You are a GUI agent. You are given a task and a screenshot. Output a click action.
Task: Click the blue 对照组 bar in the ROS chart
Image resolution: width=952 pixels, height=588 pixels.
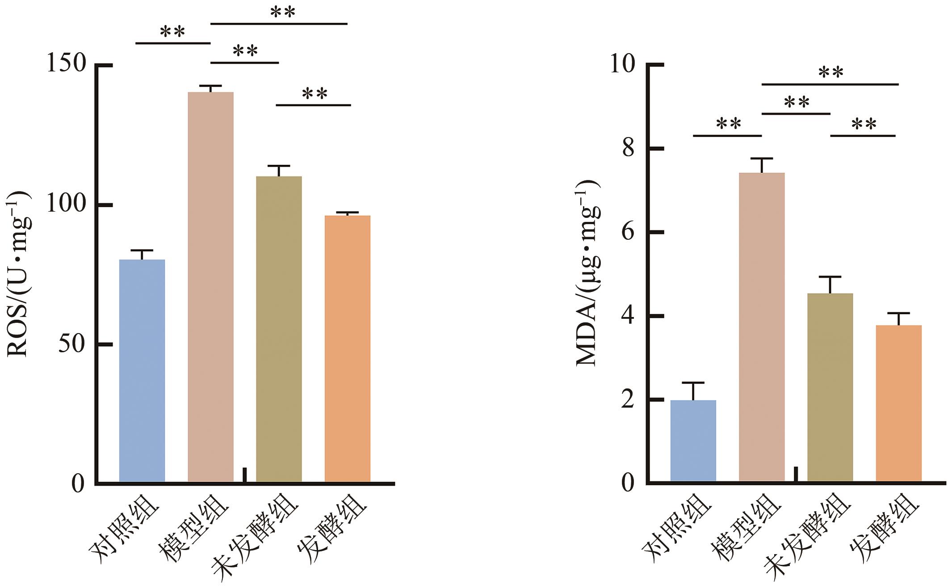click(x=142, y=371)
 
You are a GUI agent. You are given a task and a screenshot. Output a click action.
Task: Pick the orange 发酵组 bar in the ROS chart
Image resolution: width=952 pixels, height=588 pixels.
click(x=347, y=348)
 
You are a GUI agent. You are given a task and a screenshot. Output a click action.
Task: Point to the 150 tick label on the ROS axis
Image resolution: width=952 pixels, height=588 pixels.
click(x=66, y=64)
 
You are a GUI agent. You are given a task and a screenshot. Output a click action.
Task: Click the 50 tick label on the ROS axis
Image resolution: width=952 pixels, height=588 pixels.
click(x=72, y=344)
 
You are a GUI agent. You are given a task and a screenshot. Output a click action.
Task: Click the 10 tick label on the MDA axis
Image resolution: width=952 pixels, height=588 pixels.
click(x=622, y=65)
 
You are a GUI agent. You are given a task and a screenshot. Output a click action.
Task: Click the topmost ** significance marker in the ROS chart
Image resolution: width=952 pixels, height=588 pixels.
click(x=283, y=13)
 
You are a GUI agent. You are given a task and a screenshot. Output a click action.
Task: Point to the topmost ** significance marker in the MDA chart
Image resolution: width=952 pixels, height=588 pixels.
click(x=830, y=72)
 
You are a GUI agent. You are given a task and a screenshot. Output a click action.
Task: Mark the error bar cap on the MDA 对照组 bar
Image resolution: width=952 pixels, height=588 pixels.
click(x=693, y=383)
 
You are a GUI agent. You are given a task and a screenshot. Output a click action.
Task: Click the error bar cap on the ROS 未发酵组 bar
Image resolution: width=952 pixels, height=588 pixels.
click(x=279, y=166)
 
